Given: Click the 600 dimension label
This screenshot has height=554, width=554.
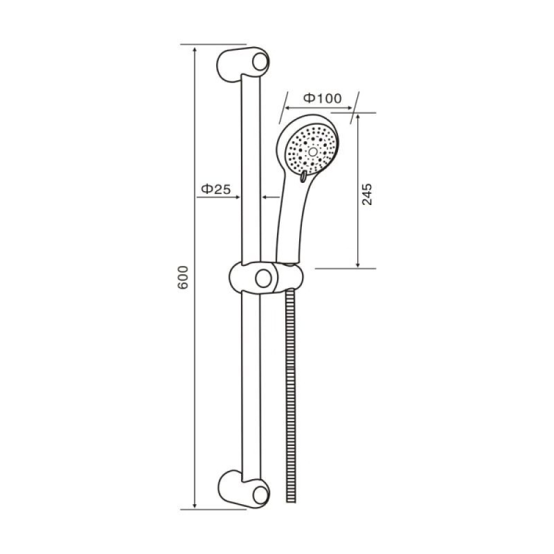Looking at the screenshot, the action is coord(183,278).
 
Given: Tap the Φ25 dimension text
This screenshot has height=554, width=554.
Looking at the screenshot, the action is coord(216,189).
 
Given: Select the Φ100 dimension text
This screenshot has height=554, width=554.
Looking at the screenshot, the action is coord(323,98).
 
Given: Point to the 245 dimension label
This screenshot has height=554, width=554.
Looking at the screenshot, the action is coord(367,194).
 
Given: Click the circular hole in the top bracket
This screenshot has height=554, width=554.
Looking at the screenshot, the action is coord(260,62).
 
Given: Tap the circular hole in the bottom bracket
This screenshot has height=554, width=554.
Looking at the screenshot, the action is coord(260,494).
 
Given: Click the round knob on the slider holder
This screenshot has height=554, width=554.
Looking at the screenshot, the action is coord(263,278).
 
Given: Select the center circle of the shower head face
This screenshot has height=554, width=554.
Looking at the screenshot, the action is coord(313,152).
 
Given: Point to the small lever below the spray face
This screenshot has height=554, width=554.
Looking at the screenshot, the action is coord(303,177).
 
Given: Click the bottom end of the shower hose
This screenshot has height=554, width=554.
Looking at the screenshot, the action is coord(291,500).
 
